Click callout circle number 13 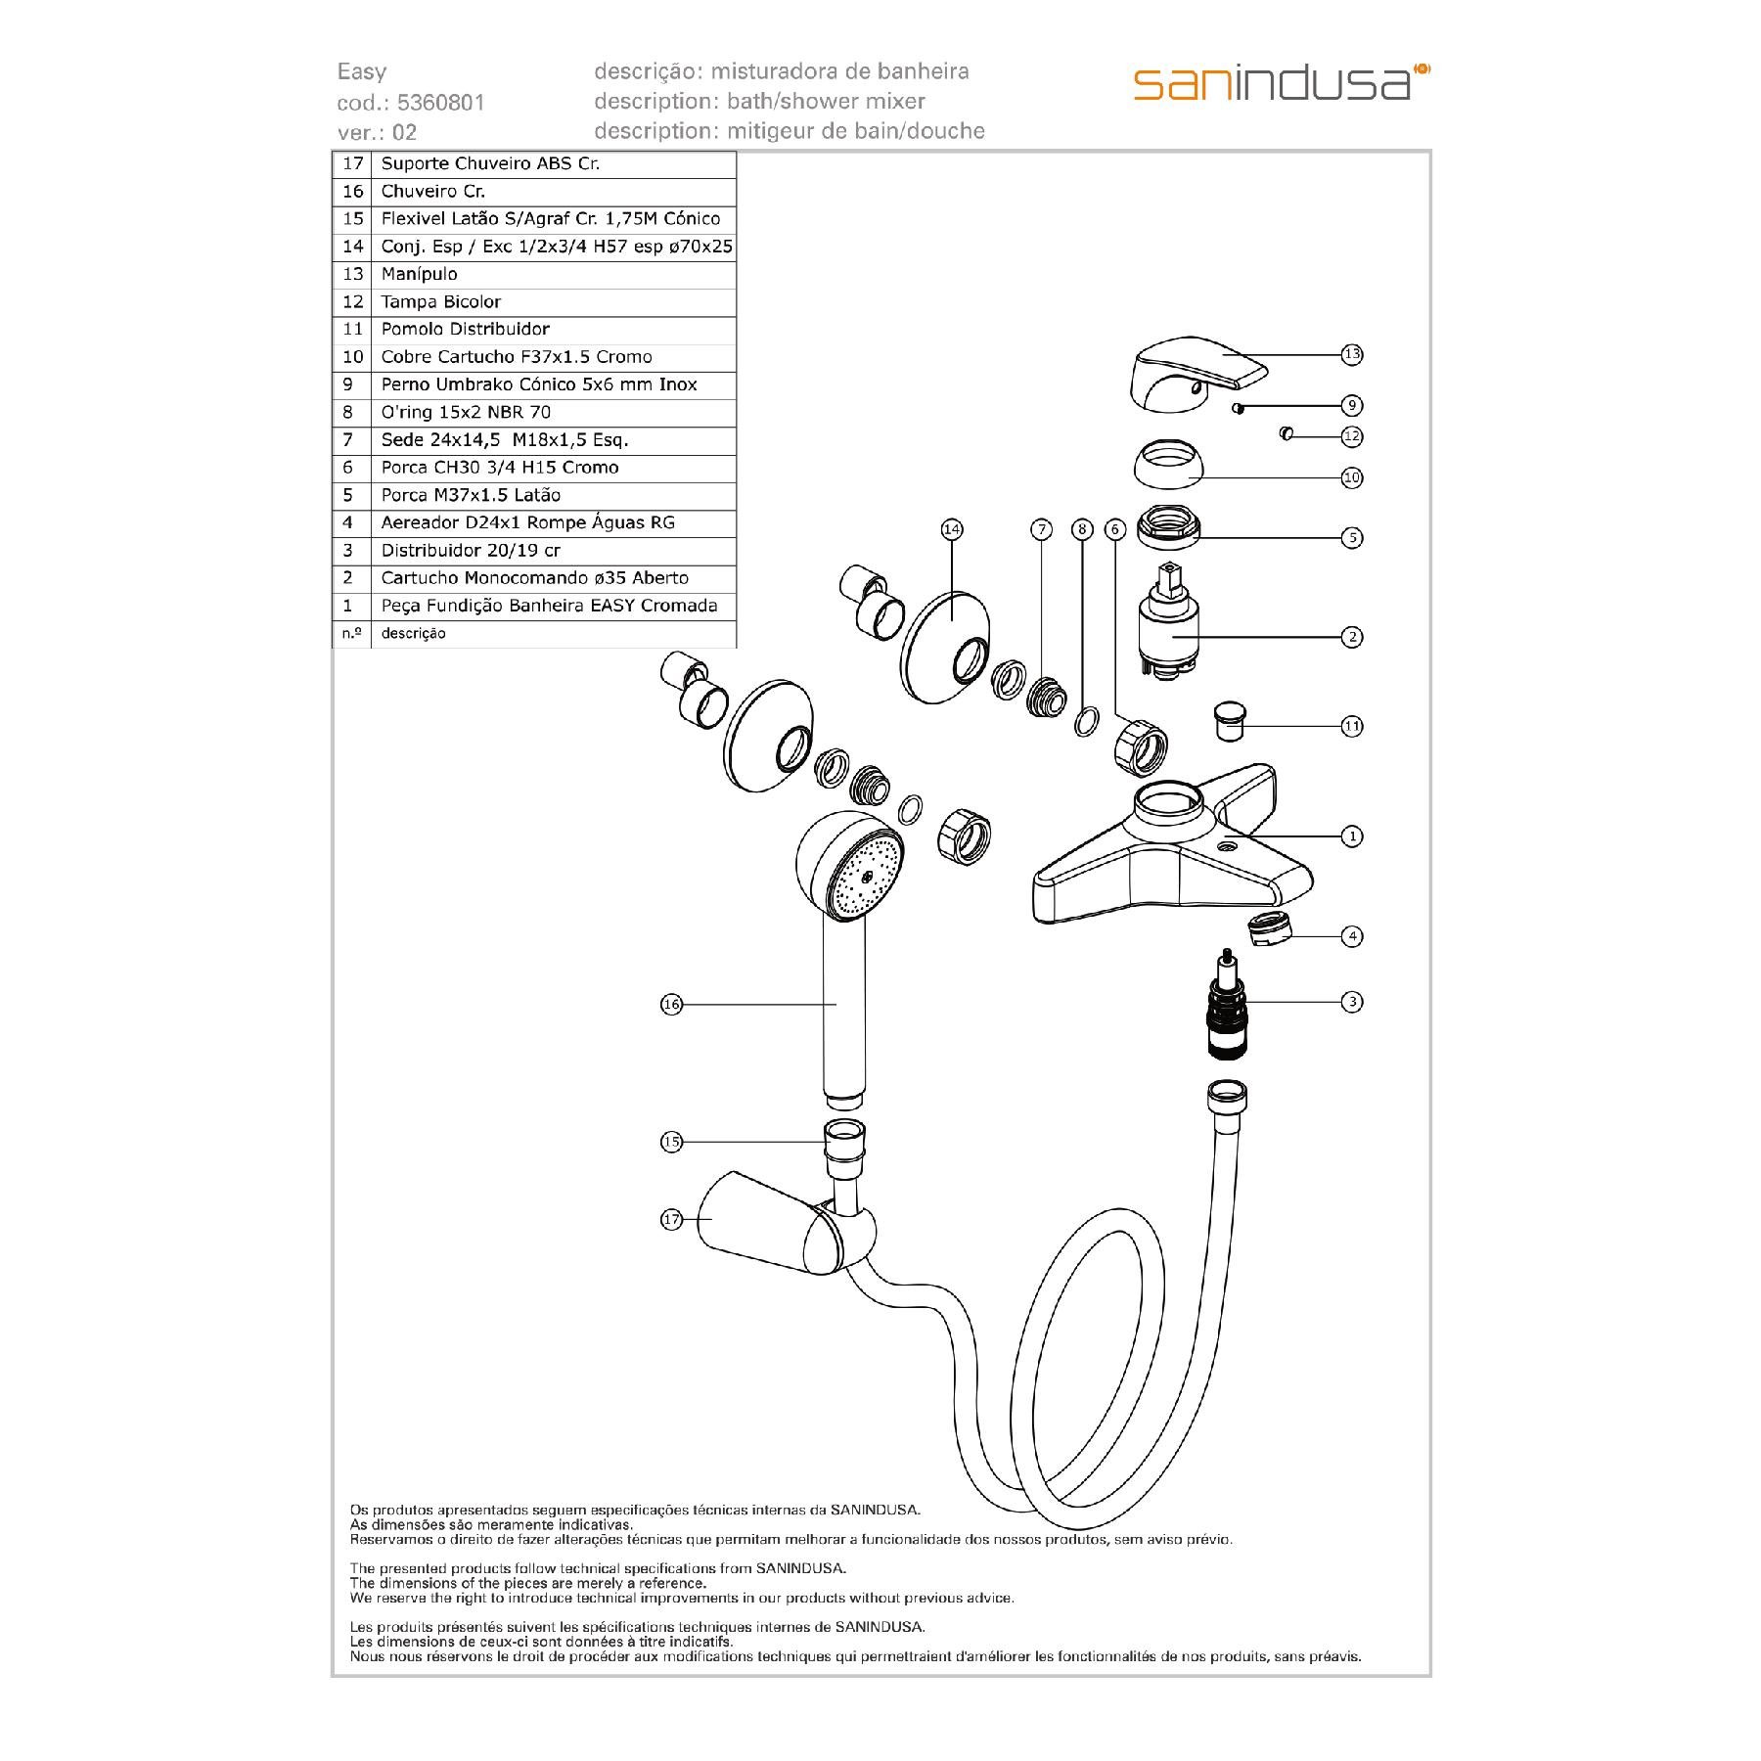[x=1351, y=354]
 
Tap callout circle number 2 [x=1351, y=637]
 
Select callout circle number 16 [x=671, y=1004]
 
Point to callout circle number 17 [x=671, y=1220]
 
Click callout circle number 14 [x=951, y=529]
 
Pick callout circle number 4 [x=1351, y=936]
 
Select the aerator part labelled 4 [x=1271, y=928]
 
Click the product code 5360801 [x=440, y=103]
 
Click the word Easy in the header [x=362, y=71]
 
